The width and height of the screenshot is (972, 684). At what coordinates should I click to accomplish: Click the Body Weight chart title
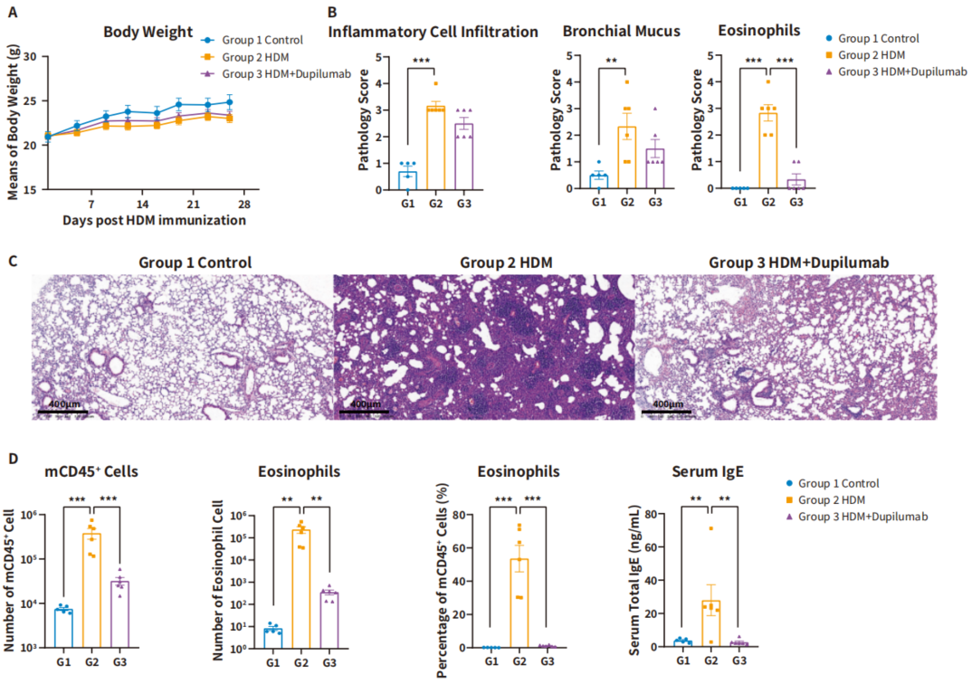pyautogui.click(x=148, y=33)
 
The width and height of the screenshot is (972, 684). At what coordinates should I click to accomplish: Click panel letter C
pyautogui.click(x=14, y=261)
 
